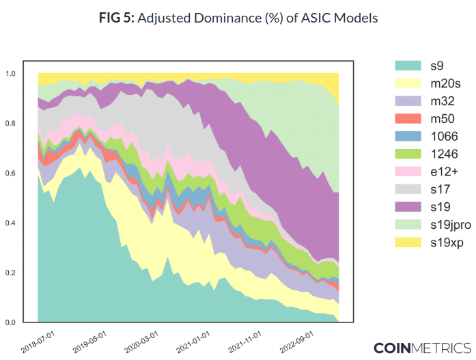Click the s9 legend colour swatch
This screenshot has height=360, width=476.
pyautogui.click(x=407, y=66)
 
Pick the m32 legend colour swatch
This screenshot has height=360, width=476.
pyautogui.click(x=407, y=101)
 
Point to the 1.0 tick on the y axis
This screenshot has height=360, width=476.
pyautogui.click(x=11, y=73)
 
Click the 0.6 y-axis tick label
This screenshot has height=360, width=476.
pyautogui.click(x=11, y=174)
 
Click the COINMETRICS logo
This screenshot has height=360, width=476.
pyautogui.click(x=421, y=347)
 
